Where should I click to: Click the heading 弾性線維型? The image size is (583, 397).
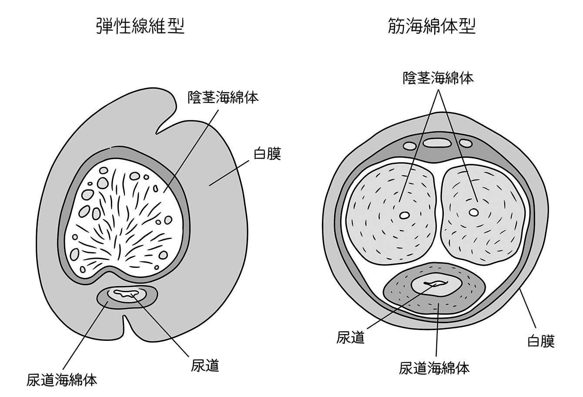click(140, 27)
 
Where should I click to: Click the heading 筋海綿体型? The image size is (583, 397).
click(431, 27)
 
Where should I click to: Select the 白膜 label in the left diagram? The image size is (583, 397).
click(267, 154)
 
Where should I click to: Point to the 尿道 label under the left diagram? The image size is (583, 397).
click(204, 365)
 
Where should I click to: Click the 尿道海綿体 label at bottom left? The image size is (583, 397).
click(61, 379)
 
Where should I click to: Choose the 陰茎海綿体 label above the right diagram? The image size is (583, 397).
click(438, 78)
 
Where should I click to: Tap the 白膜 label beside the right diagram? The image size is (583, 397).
click(541, 341)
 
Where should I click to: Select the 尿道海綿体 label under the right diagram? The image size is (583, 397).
click(434, 368)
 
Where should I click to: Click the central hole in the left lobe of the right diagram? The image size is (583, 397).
click(405, 215)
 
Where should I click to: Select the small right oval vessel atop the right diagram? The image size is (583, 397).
click(465, 143)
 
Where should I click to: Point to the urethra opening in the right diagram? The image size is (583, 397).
click(436, 285)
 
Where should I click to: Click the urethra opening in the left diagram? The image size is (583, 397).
click(126, 295)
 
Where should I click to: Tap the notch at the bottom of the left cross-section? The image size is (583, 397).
click(126, 324)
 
